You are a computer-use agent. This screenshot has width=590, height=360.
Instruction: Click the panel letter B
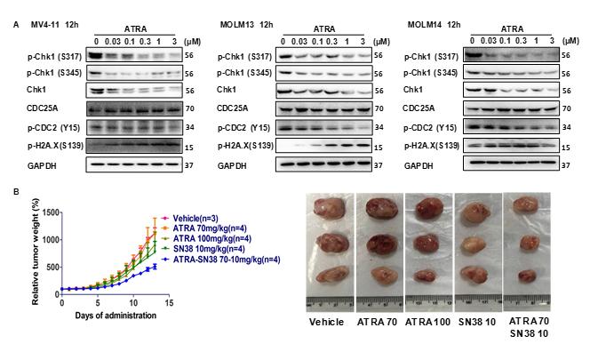9,189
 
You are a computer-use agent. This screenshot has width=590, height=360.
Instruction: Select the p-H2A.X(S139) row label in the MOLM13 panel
245,144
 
